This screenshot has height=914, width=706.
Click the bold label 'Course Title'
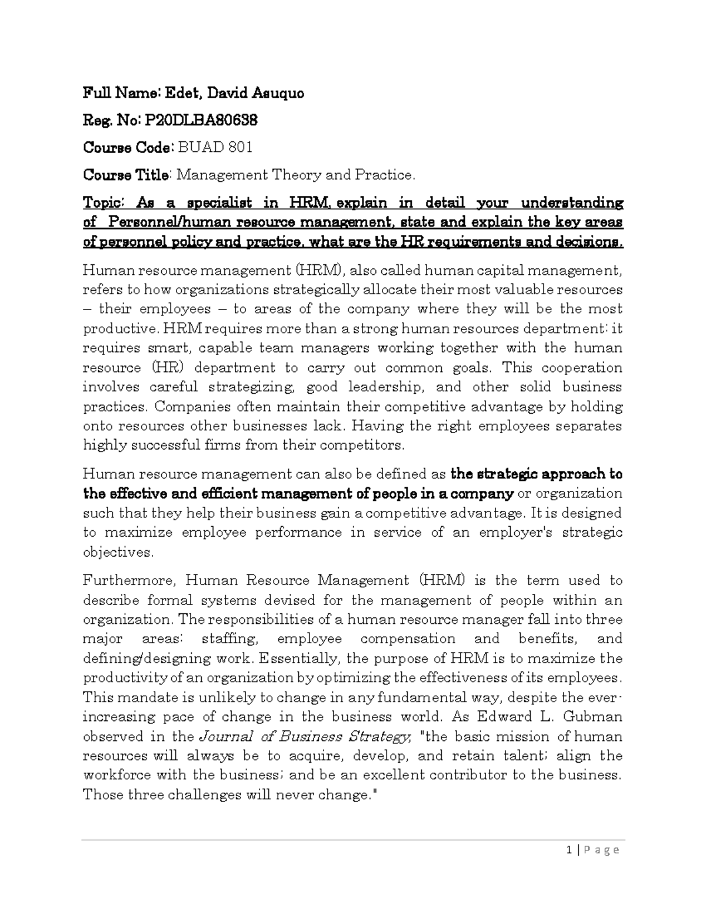click(x=126, y=175)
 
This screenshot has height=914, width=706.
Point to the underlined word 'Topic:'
click(x=104, y=203)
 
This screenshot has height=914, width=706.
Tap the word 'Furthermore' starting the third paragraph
click(x=129, y=581)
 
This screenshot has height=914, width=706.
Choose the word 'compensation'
click(x=408, y=639)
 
